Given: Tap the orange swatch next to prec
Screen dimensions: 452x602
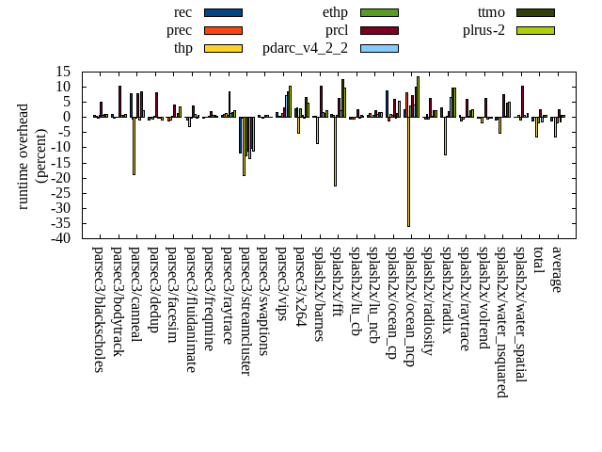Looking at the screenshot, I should (x=223, y=30).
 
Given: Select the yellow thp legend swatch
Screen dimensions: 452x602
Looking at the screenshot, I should (x=223, y=48).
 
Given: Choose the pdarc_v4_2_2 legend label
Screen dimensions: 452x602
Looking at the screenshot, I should (x=305, y=48).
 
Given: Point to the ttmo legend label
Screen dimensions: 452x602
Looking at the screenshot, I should (x=491, y=12).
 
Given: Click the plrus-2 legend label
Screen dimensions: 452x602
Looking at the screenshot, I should (x=483, y=30).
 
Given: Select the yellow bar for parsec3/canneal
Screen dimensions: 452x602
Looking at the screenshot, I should (x=134, y=146).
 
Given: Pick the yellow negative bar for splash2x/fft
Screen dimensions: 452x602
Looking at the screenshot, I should (x=335, y=152).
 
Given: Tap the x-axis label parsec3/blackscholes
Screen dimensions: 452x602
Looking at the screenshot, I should (x=98, y=309).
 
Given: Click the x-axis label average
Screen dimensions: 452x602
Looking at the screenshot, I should (x=556, y=269).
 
